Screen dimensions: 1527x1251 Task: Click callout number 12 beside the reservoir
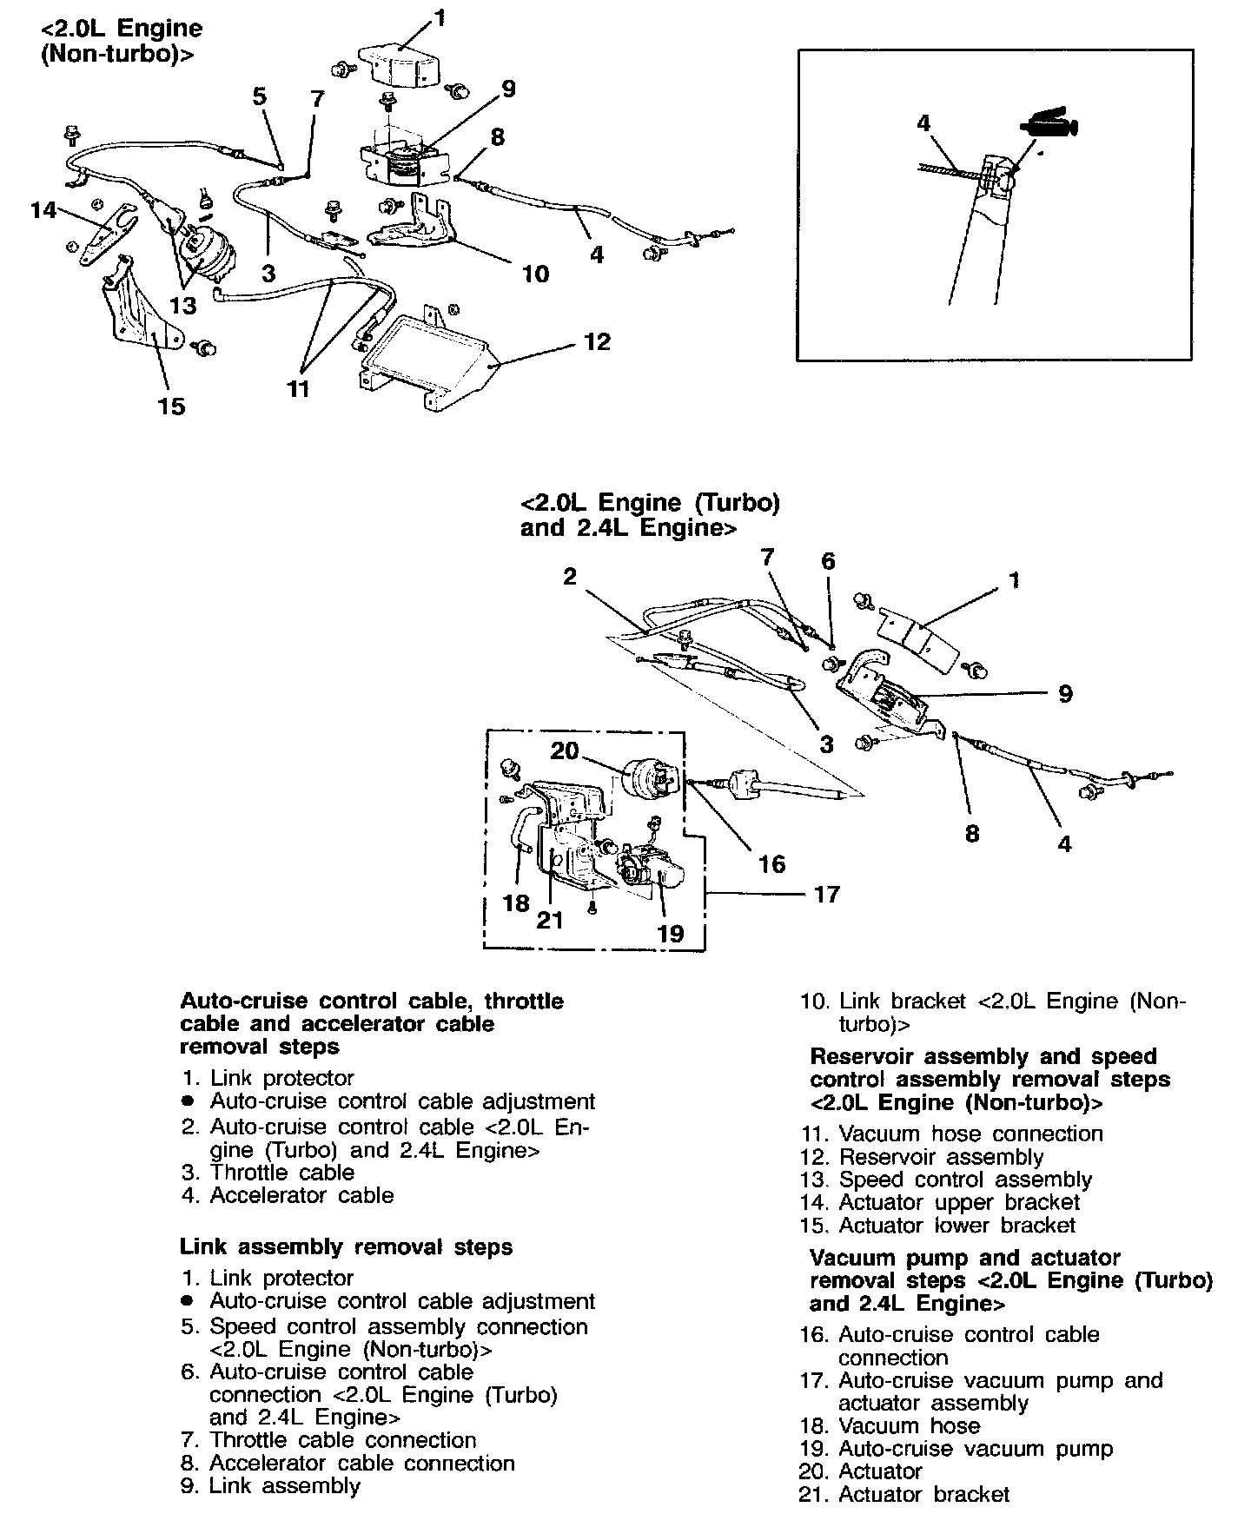(597, 342)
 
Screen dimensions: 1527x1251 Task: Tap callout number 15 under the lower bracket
(172, 406)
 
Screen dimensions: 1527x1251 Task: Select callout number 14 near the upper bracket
(43, 210)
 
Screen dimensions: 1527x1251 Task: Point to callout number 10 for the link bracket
(536, 274)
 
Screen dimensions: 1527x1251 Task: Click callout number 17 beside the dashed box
(827, 894)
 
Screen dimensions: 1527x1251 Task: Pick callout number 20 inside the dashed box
(565, 750)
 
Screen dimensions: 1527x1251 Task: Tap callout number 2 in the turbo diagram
(569, 577)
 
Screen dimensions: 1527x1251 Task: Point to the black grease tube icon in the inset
(1050, 126)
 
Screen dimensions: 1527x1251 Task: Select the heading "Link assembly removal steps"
(346, 1247)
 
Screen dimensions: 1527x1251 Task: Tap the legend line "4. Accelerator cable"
(288, 1195)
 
